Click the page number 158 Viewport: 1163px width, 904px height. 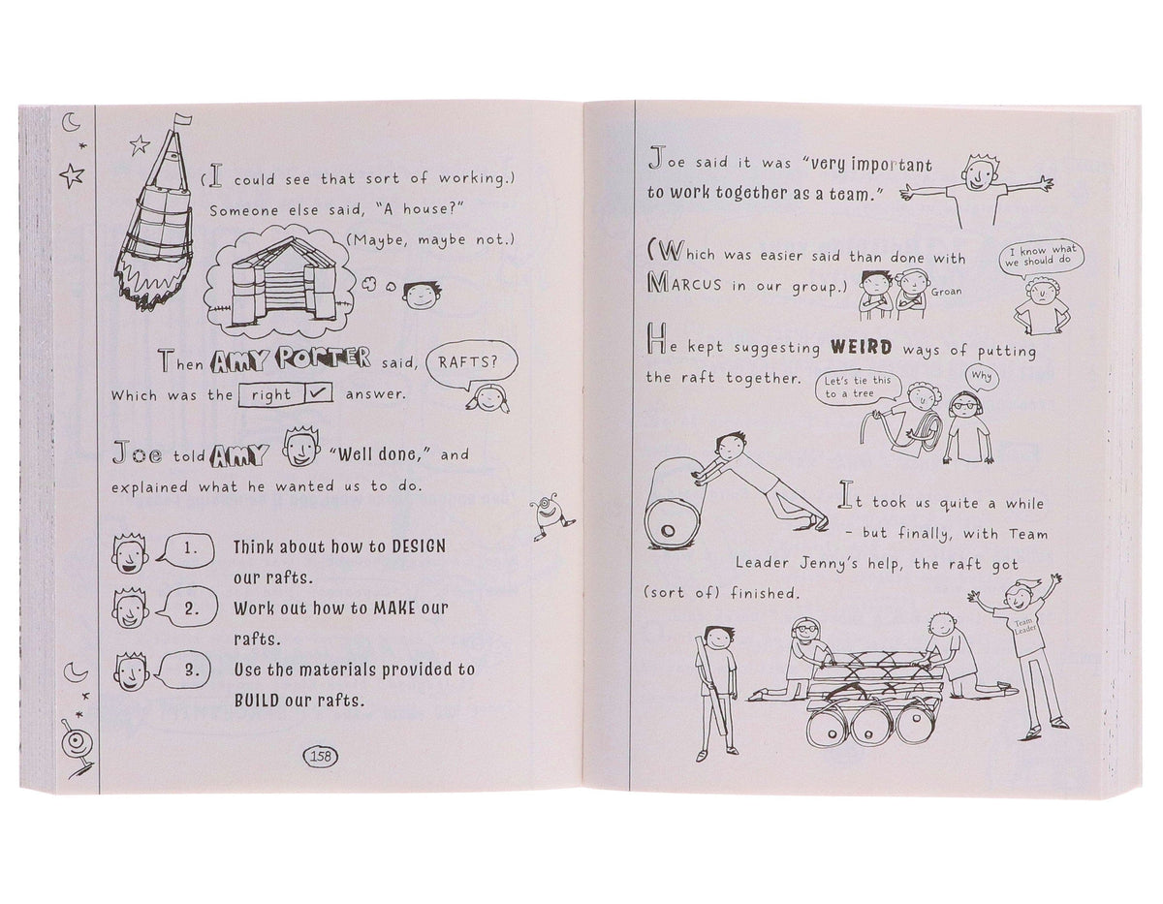point(321,756)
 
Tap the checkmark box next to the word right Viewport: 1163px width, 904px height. point(319,393)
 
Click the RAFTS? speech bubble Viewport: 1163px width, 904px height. point(471,365)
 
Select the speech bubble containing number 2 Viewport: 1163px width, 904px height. point(188,608)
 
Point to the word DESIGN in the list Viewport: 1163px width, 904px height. point(419,546)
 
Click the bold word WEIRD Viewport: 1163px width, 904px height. point(862,348)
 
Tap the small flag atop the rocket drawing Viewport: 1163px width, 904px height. point(183,121)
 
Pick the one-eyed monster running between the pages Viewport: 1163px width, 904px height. point(551,515)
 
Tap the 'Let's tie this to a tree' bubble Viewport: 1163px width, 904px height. point(858,387)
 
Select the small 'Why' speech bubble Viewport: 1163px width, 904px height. point(981,377)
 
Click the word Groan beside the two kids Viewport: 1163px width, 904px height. point(946,292)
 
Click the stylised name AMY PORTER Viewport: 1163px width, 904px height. point(290,360)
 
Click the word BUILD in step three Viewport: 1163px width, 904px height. point(257,701)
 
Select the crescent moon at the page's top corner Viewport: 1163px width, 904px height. point(71,122)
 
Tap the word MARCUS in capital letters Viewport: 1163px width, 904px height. point(684,284)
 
